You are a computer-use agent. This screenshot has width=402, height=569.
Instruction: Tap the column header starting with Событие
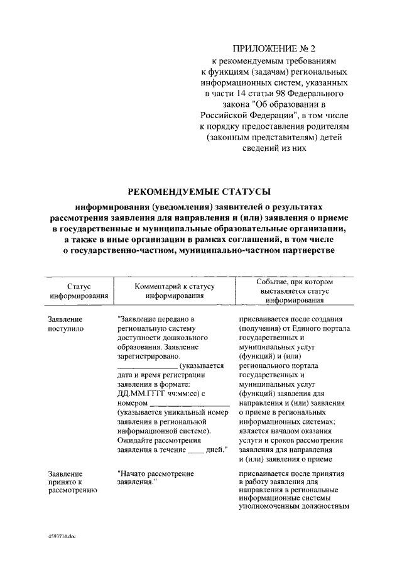click(x=290, y=290)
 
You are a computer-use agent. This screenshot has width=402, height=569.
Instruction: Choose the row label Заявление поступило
click(x=65, y=323)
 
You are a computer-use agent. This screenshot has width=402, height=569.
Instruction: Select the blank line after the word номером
click(x=190, y=403)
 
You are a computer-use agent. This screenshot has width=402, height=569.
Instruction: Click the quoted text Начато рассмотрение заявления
click(x=155, y=477)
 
